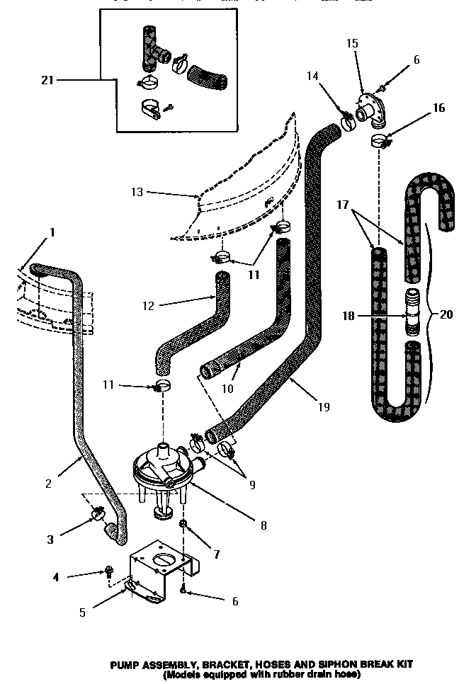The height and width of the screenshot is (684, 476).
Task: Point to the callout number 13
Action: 137,192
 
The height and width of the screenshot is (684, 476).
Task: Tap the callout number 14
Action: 312,76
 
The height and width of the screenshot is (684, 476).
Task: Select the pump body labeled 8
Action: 164,467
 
